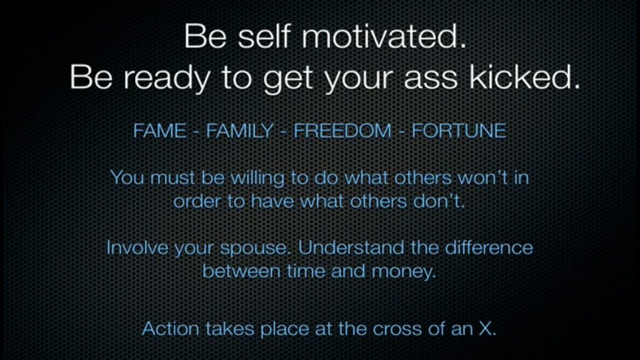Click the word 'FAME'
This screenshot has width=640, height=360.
click(159, 131)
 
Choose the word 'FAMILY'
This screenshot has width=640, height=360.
click(239, 131)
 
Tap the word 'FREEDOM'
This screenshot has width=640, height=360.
click(342, 131)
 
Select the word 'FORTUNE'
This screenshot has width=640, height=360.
click(459, 131)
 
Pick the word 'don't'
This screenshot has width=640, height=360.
click(437, 201)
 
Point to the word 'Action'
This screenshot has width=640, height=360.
click(171, 329)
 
